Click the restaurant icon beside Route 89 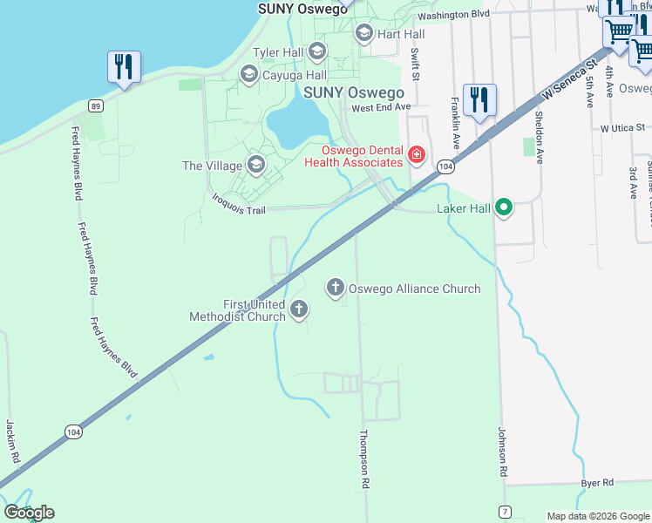(x=124, y=67)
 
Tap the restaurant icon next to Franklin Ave (x=479, y=99)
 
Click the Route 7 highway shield (x=505, y=510)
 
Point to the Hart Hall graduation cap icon (x=364, y=34)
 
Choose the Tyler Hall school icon (x=316, y=52)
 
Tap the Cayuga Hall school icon (x=249, y=76)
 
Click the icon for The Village (x=256, y=165)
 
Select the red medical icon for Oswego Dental (x=417, y=156)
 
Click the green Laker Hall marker (x=503, y=208)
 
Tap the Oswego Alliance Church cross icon (x=336, y=288)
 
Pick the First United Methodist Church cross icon (x=299, y=309)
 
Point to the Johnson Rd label (x=503, y=451)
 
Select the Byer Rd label (x=598, y=482)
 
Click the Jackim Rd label (x=12, y=440)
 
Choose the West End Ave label (x=380, y=107)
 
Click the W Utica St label (x=626, y=127)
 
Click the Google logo (x=29, y=513)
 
